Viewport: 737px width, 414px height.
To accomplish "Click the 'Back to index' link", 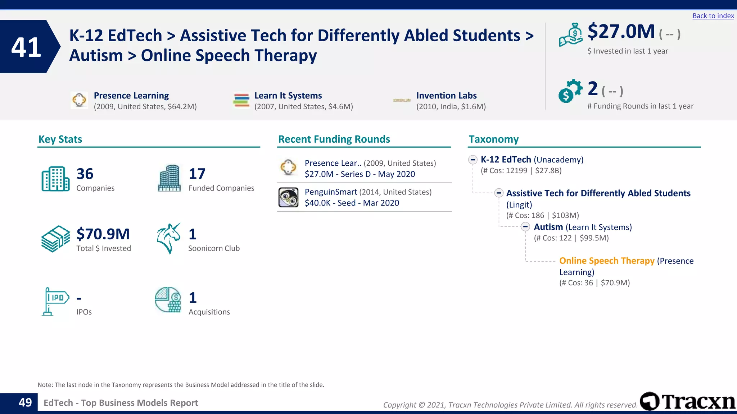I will (713, 16).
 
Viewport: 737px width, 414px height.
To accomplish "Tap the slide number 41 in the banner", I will (26, 47).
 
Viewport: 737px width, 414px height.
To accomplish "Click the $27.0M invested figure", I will (621, 32).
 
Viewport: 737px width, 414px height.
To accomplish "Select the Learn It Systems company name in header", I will (288, 96).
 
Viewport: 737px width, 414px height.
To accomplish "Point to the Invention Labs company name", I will (446, 96).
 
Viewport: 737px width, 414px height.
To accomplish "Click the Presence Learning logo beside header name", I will (79, 100).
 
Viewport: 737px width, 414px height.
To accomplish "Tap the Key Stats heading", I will (60, 139).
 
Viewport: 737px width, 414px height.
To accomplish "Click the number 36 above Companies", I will (85, 174).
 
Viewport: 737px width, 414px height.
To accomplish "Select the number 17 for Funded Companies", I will (197, 174).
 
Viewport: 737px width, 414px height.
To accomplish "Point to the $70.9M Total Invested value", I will (103, 234).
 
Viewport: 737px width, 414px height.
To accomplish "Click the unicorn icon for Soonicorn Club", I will (168, 238).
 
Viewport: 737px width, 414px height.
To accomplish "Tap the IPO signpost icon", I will (55, 301).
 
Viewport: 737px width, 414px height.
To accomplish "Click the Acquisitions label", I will (209, 312).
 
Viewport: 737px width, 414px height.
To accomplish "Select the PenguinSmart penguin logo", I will (288, 197).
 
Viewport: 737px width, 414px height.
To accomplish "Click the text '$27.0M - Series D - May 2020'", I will (360, 174).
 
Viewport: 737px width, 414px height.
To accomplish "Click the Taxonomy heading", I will (493, 139).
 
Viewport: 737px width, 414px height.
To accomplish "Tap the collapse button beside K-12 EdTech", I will (473, 160).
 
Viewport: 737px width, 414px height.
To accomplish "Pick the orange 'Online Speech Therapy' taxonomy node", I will (607, 261).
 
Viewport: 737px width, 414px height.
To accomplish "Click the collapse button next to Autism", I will (525, 227).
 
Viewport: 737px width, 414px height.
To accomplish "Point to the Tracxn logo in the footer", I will (688, 401).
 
